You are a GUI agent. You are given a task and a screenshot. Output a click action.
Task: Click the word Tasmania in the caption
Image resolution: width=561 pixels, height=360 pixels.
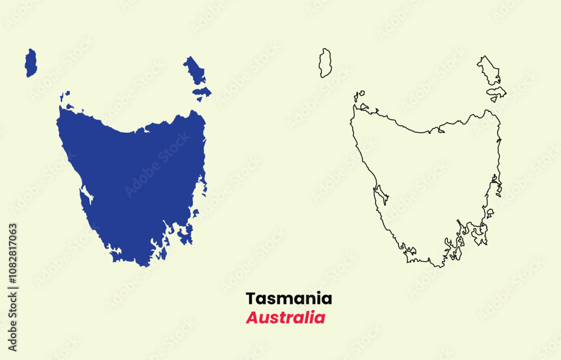289,298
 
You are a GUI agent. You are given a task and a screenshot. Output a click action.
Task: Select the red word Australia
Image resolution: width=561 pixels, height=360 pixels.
286,317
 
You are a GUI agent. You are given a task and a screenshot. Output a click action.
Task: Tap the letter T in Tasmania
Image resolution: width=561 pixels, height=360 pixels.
250,298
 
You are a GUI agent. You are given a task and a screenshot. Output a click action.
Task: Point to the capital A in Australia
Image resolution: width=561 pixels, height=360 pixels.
252,317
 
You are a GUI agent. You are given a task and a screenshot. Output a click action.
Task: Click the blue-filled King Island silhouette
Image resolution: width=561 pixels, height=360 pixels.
31,63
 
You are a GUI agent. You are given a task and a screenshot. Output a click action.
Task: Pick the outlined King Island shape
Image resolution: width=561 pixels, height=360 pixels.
325,63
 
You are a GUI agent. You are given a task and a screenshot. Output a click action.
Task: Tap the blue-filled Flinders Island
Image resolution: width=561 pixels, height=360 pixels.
195,71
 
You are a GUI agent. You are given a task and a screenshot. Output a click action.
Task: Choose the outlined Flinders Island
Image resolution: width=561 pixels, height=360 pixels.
489,71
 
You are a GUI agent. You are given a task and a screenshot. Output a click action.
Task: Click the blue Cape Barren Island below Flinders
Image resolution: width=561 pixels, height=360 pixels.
202,91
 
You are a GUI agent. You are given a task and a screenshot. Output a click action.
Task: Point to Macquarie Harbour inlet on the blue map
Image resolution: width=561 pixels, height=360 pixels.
86,195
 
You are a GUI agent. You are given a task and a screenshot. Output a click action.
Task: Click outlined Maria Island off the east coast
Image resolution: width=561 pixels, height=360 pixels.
490,213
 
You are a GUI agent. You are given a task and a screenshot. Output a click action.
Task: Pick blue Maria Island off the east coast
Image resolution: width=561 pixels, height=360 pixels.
196,214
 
